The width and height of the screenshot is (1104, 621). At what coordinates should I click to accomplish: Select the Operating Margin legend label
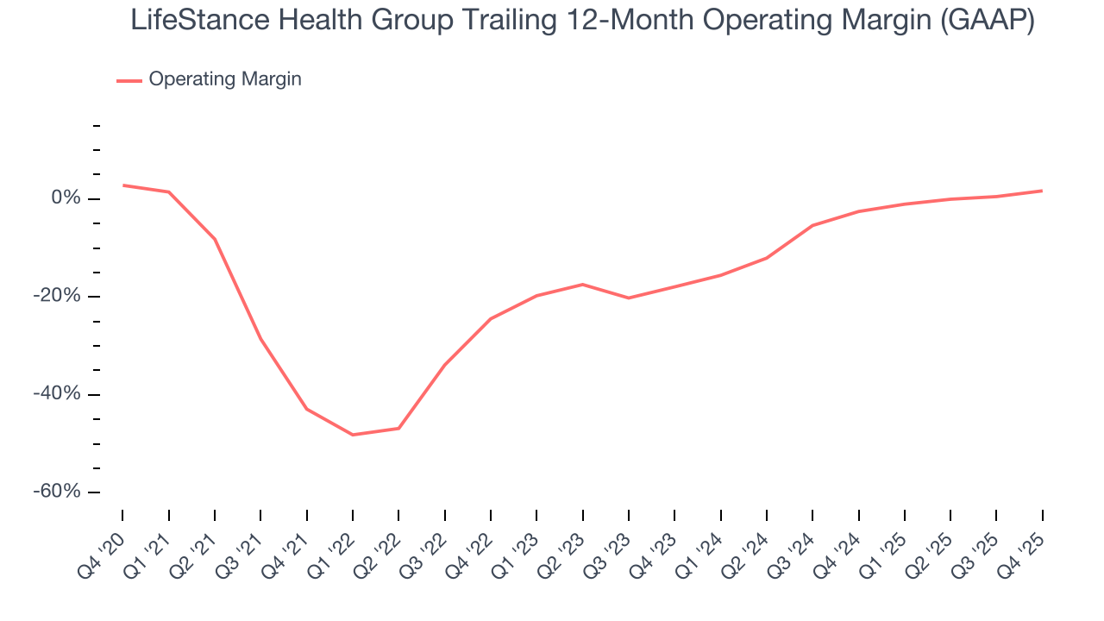pyautogui.click(x=225, y=79)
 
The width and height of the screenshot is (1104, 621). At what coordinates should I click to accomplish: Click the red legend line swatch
pyautogui.click(x=129, y=80)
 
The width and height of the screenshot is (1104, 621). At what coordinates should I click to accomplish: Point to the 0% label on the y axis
pyautogui.click(x=66, y=198)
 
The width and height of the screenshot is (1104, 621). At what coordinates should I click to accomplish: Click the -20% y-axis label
pyautogui.click(x=59, y=296)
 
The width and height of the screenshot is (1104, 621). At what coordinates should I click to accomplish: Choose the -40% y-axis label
pyautogui.click(x=59, y=393)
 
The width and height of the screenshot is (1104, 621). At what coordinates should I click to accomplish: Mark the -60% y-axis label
pyautogui.click(x=59, y=492)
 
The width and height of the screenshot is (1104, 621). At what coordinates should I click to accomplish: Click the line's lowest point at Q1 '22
pyautogui.click(x=353, y=435)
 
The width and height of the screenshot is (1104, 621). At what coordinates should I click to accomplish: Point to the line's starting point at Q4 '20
pyautogui.click(x=122, y=185)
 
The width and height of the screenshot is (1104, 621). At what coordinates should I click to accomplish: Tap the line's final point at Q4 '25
pyautogui.click(x=1042, y=191)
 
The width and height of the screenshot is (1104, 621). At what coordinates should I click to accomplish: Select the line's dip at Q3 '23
pyautogui.click(x=629, y=298)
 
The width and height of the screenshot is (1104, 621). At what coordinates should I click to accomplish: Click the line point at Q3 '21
pyautogui.click(x=260, y=339)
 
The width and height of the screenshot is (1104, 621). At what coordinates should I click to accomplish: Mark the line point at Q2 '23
pyautogui.click(x=583, y=284)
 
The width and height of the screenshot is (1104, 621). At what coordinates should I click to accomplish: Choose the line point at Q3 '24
pyautogui.click(x=812, y=225)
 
